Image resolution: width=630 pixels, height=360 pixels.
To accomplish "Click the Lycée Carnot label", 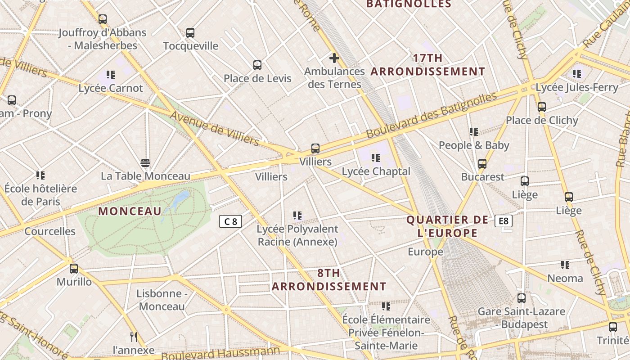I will click(111, 88).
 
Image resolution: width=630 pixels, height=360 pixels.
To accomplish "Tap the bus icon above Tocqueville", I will click(190, 33).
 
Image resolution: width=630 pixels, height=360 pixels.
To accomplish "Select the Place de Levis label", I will click(257, 78).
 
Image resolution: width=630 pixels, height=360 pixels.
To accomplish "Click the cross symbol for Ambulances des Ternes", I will click(334, 58).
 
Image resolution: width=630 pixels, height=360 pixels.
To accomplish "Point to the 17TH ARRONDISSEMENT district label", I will click(428, 65).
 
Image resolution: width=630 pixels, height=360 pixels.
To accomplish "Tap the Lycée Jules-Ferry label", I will click(577, 87).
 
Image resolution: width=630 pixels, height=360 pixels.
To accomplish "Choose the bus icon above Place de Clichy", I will click(542, 107).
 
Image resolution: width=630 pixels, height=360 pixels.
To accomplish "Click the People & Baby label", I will click(474, 145).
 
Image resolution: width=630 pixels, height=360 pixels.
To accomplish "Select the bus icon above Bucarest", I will click(482, 164).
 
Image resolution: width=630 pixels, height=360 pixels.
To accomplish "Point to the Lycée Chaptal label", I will click(376, 171).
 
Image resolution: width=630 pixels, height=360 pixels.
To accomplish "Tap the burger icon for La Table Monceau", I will click(145, 163).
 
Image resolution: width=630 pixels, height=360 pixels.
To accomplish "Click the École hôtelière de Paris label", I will click(40, 195).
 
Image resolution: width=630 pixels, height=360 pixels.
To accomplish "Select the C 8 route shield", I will click(230, 221).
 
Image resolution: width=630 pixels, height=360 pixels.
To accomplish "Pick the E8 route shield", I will click(503, 221).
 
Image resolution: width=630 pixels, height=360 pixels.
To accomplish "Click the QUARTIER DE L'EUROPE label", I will click(447, 226).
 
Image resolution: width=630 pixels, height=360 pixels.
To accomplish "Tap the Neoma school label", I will click(565, 278).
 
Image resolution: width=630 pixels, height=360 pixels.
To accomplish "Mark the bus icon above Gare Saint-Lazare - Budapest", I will click(521, 298).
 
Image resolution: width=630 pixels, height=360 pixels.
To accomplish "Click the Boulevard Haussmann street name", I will click(220, 353).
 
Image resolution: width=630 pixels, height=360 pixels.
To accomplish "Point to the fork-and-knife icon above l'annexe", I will click(133, 337).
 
